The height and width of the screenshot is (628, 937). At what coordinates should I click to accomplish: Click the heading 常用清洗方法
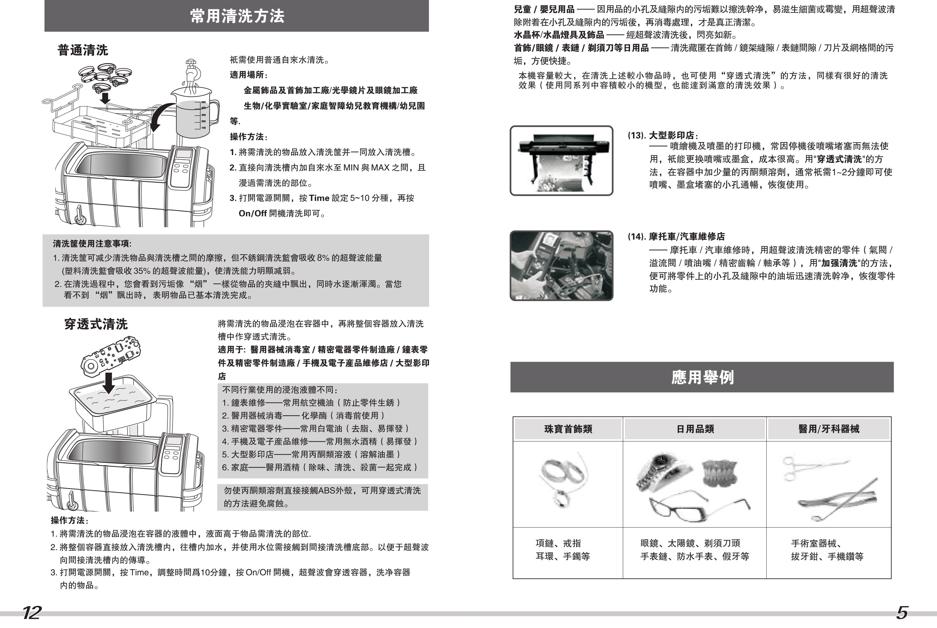[237, 16]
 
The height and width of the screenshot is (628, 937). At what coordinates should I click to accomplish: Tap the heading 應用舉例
[702, 377]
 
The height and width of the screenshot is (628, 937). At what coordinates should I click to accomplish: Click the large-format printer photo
[561, 160]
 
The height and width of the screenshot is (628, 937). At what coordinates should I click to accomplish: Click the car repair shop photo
[561, 265]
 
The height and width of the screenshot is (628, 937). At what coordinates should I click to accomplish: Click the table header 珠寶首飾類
[568, 429]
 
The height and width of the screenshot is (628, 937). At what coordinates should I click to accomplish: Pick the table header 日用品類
[695, 429]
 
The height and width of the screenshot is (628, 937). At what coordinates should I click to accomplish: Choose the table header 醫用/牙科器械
[828, 429]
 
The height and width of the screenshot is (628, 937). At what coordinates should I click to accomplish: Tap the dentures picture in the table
[720, 473]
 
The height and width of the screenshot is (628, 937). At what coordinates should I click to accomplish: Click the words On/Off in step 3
[253, 214]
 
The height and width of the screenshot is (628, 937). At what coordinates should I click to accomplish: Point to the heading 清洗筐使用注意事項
[92, 244]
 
